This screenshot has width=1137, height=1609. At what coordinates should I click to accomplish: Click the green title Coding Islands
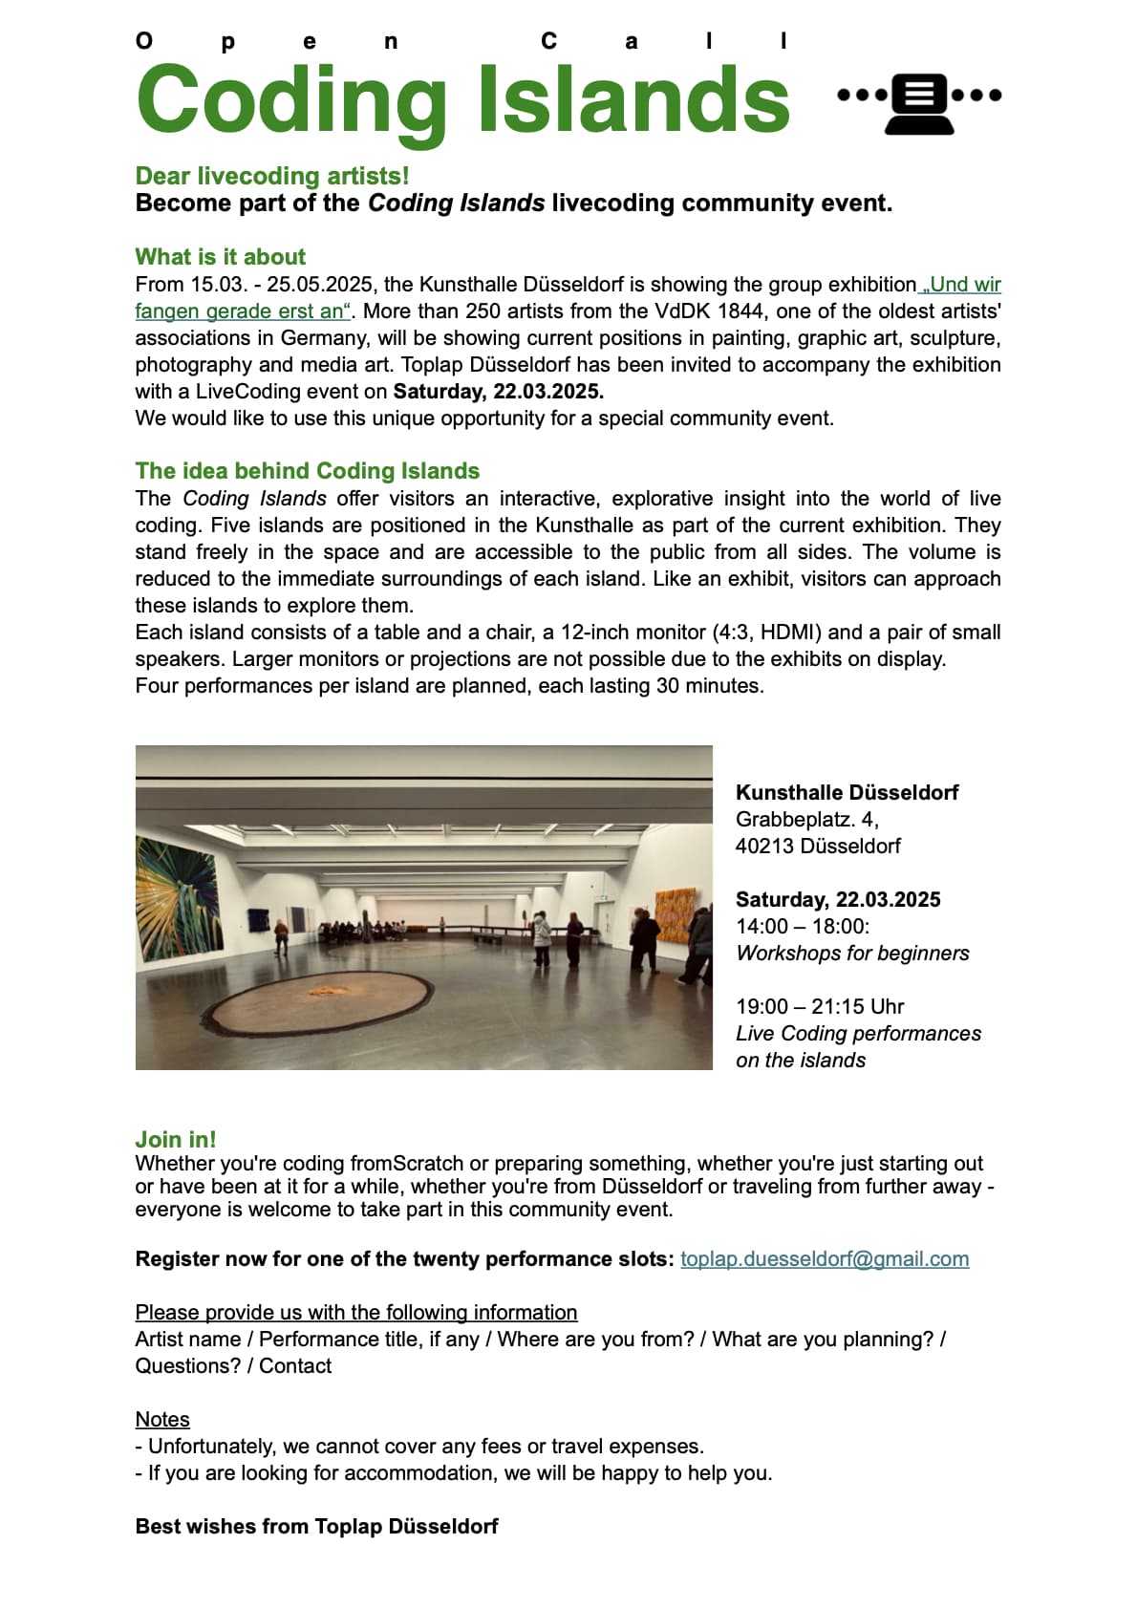(x=462, y=100)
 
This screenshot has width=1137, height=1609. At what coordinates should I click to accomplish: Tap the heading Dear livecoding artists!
(x=272, y=176)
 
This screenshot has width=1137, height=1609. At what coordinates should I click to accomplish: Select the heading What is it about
(x=221, y=257)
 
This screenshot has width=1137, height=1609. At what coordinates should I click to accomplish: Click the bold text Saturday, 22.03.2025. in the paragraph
(x=498, y=392)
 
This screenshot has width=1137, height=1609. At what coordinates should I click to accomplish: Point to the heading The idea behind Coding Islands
(x=307, y=471)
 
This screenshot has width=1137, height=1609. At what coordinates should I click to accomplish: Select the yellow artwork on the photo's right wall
(x=675, y=915)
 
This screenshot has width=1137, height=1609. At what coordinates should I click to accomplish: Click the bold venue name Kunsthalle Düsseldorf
(x=847, y=792)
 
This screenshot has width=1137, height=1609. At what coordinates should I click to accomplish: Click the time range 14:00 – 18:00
(x=802, y=927)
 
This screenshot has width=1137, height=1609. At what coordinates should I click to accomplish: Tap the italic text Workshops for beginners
(x=851, y=954)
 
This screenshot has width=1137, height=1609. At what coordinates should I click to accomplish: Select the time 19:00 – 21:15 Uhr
(x=819, y=1007)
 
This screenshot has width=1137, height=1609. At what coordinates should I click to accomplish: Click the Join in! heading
(x=176, y=1139)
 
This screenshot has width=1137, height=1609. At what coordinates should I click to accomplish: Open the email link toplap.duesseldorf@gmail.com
(x=824, y=1259)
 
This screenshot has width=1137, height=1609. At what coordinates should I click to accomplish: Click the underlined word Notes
(x=162, y=1420)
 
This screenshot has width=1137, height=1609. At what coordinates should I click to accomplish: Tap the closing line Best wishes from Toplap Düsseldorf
(x=316, y=1527)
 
